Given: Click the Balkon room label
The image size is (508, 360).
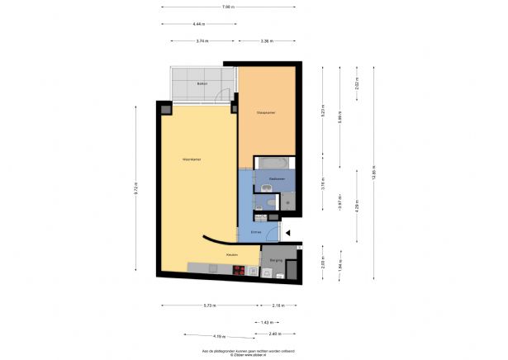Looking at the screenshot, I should tap(202, 84).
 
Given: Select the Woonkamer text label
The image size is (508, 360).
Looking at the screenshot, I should tap(192, 159).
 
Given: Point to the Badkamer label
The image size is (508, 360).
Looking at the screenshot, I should tap(276, 178).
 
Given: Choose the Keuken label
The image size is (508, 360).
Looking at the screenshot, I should tap(234, 254).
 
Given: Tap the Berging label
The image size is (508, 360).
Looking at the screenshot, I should tap(275, 261).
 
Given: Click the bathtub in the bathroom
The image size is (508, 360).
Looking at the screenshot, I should tap(270, 162).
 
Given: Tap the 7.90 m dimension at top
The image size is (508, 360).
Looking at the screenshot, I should tap(228, 7).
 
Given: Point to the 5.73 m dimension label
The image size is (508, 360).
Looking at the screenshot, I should tap(211, 306).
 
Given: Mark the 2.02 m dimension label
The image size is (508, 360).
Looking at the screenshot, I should tap(357, 85).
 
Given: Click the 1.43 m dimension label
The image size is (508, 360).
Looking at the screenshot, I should tap(267, 322).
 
